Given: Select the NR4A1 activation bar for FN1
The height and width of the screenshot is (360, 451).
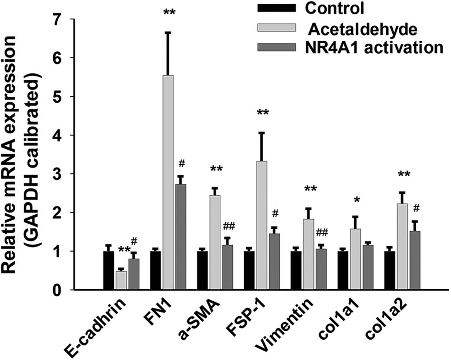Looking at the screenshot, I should pos(180,236).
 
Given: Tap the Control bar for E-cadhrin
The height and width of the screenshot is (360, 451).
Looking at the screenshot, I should pos(109,270).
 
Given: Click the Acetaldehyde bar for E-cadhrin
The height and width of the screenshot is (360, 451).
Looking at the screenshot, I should pos(121,280).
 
